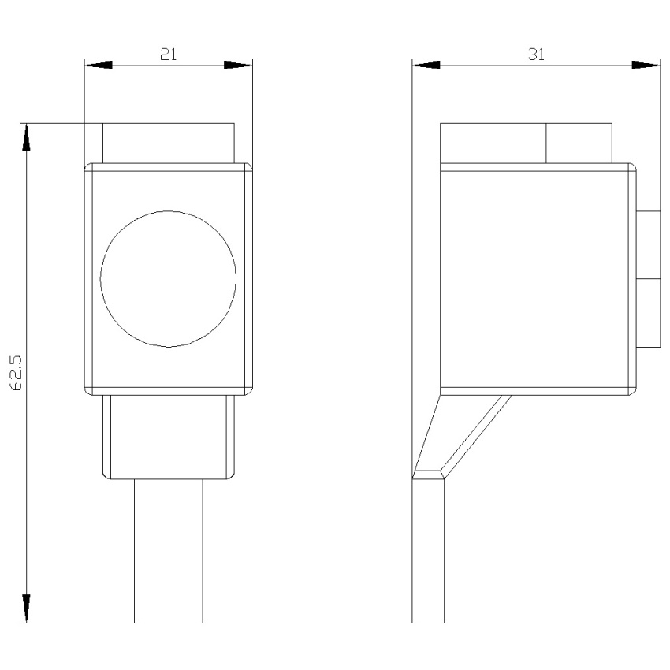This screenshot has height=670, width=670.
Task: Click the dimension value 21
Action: point(169,54)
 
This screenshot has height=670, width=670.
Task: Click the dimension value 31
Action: point(536,54)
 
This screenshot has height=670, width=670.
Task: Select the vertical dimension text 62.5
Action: point(18,373)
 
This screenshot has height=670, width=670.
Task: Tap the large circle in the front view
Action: point(100,278)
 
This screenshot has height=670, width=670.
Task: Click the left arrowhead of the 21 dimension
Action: point(99,65)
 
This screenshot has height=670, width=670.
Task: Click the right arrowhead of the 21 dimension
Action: point(238,65)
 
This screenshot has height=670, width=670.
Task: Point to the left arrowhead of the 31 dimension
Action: point(426,65)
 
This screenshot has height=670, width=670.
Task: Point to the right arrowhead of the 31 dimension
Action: point(646,65)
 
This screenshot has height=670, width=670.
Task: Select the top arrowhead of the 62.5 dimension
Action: point(27,137)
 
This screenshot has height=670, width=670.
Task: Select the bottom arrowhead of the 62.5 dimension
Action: point(27,609)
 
